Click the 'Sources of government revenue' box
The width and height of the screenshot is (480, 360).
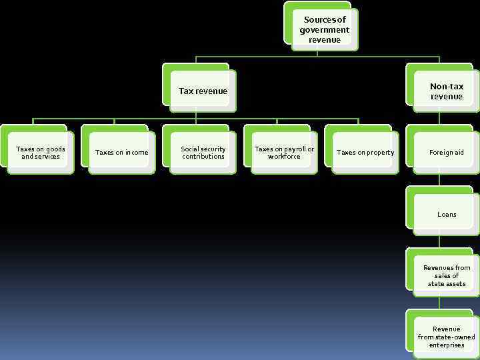click(x=325, y=29)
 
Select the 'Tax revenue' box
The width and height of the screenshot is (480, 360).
click(x=203, y=91)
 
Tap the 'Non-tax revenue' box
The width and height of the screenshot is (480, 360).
click(x=446, y=91)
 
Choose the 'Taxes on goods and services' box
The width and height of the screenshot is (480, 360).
click(x=41, y=153)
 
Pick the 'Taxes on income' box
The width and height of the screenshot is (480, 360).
click(x=122, y=153)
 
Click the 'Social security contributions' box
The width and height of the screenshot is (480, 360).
click(x=203, y=153)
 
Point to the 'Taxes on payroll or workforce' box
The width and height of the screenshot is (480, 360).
click(x=284, y=153)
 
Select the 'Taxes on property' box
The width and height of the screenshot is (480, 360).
click(x=365, y=153)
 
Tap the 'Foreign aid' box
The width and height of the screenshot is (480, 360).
click(x=446, y=153)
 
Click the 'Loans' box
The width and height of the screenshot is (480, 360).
click(x=446, y=214)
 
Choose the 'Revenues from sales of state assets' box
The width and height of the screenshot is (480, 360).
click(x=446, y=275)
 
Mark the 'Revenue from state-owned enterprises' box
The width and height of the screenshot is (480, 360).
click(x=446, y=337)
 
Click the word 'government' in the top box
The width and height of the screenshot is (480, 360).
click(x=325, y=30)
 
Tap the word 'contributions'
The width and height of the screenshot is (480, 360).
click(x=203, y=157)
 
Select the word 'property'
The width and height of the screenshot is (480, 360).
click(x=380, y=153)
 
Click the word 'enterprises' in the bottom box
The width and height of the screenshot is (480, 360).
click(x=447, y=345)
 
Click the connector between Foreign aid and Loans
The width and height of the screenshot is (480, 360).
click(x=439, y=181)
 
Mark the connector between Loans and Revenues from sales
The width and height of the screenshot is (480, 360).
click(x=439, y=242)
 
